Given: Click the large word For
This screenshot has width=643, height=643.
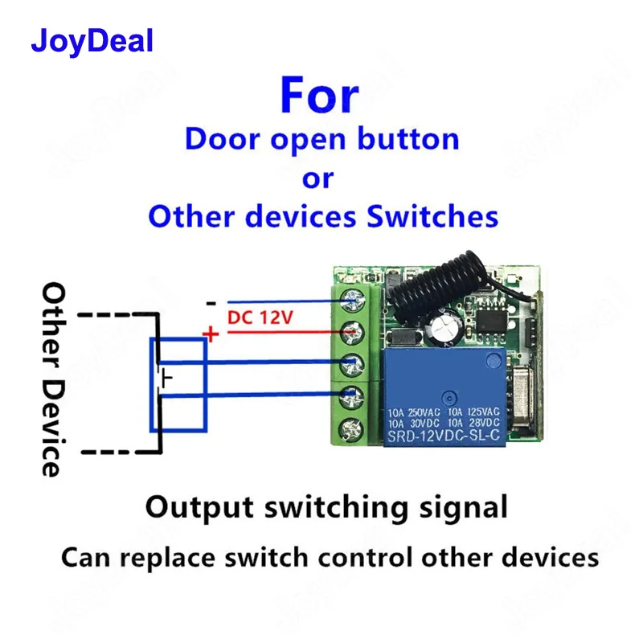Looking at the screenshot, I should pyautogui.click(x=319, y=96).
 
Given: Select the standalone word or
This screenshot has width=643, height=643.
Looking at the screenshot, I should pyautogui.click(x=317, y=178).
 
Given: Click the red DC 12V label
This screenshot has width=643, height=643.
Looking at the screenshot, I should pyautogui.click(x=260, y=317).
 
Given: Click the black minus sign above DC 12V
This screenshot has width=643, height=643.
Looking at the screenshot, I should pyautogui.click(x=211, y=304).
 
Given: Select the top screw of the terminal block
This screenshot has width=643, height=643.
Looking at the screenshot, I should pyautogui.click(x=351, y=301).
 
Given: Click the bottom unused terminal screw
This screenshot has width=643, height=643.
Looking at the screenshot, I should pyautogui.click(x=351, y=427).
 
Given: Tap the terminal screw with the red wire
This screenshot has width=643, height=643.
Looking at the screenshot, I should pyautogui.click(x=351, y=331).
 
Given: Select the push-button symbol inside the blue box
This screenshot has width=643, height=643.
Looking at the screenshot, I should pyautogui.click(x=165, y=379).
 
